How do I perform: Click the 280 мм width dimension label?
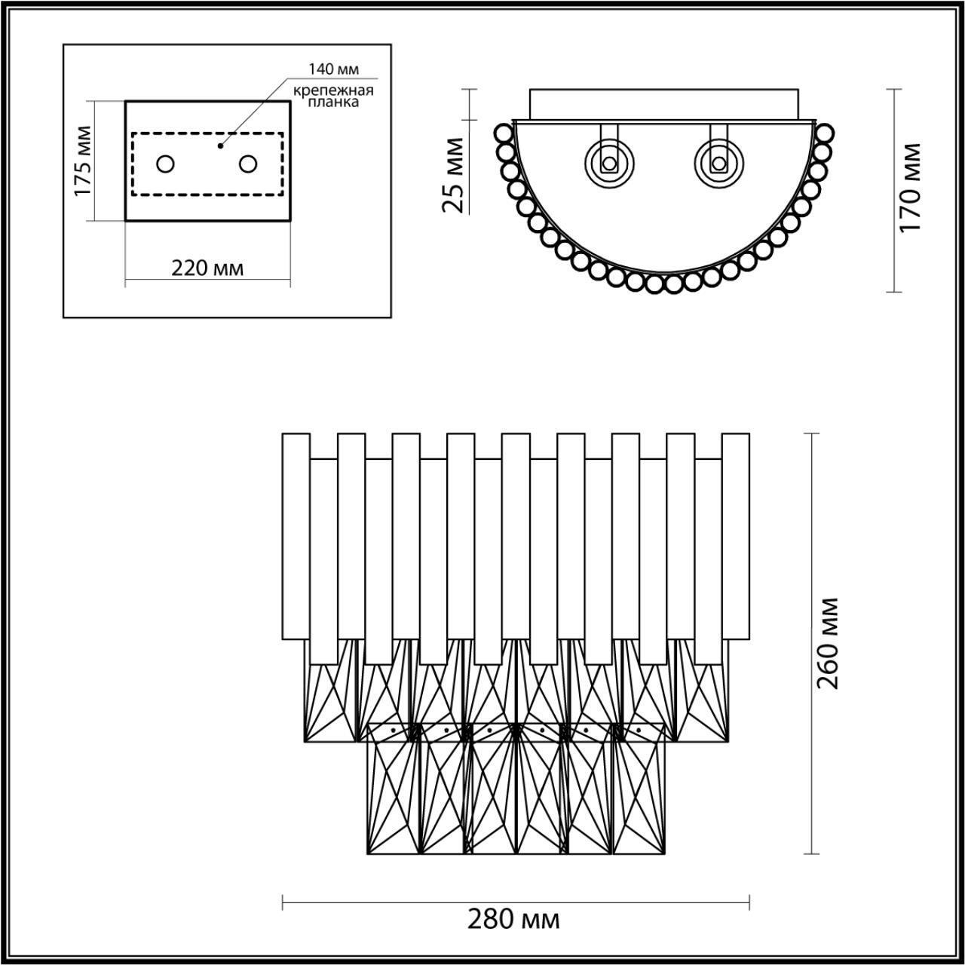pyautogui.click(x=513, y=921)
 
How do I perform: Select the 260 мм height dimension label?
pyautogui.click(x=828, y=642)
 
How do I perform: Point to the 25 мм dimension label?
pyautogui.click(x=455, y=174)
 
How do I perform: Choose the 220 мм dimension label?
pyautogui.click(x=207, y=268)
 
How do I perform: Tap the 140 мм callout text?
pyautogui.click(x=333, y=69)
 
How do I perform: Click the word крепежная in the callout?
pyautogui.click(x=333, y=90)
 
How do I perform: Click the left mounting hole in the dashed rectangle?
pyautogui.click(x=165, y=164)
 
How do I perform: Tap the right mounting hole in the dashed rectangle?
pyautogui.click(x=248, y=164)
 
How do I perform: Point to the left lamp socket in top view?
pyautogui.click(x=610, y=162)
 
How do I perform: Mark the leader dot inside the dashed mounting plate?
pyautogui.click(x=220, y=145)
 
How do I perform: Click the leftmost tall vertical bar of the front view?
pyautogui.click(x=296, y=536)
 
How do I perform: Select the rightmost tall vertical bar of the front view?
pyautogui.click(x=736, y=536)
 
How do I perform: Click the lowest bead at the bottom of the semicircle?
pyautogui.click(x=654, y=284)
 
